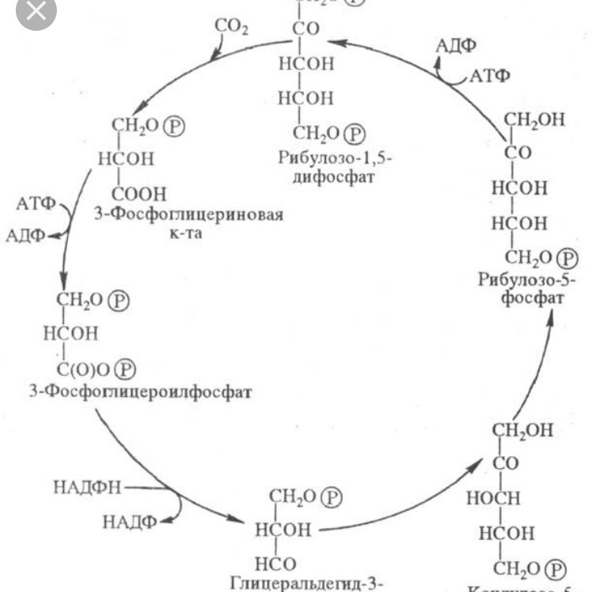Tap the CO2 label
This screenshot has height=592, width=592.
[232, 28]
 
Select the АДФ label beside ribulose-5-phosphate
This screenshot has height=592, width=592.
[456, 47]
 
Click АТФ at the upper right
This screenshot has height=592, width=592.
[489, 76]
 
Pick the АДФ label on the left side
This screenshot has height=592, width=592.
[25, 234]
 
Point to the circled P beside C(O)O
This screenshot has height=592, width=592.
[126, 368]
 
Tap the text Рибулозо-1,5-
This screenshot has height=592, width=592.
[335, 158]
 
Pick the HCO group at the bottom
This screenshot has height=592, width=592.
[275, 564]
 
